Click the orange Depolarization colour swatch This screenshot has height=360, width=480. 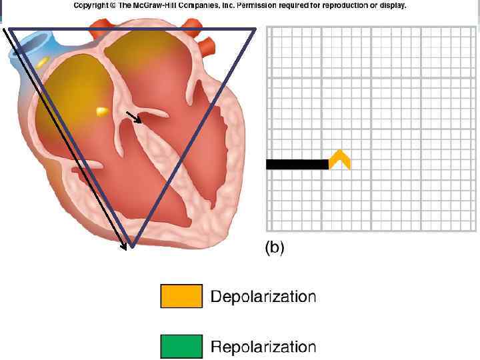(181, 296)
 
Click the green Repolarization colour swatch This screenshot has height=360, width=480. (181, 347)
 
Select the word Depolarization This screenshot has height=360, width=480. (263, 296)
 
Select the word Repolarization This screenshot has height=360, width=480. (263, 347)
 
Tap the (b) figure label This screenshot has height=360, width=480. (274, 248)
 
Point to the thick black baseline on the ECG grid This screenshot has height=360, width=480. (297, 164)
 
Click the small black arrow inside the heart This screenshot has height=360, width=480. (135, 118)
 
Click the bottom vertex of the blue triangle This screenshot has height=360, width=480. (132, 246)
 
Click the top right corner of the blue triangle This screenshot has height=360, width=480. (255, 29)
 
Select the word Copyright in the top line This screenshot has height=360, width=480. (91, 5)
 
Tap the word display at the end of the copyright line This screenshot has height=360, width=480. (393, 5)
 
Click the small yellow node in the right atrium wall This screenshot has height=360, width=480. (102, 111)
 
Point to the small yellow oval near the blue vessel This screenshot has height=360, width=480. (42, 61)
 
